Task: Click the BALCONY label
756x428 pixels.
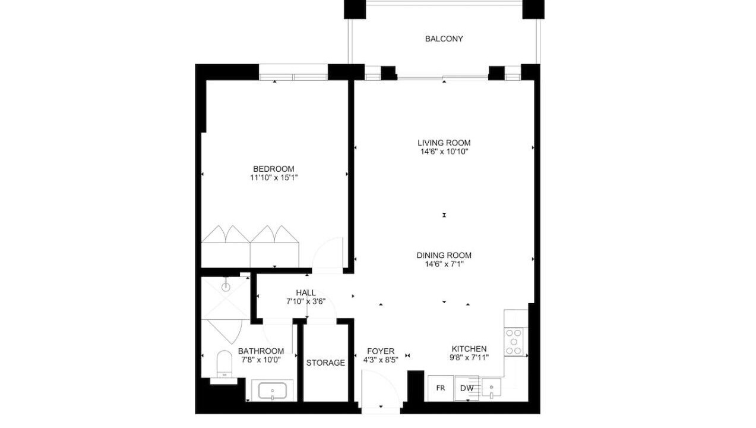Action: click(x=444, y=39)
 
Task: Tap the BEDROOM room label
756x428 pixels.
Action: click(x=274, y=169)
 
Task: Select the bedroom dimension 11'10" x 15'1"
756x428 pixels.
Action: click(x=274, y=178)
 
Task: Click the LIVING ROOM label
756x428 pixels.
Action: click(x=444, y=143)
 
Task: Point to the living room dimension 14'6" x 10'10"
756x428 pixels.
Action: click(x=444, y=152)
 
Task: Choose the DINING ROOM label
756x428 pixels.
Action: click(x=444, y=256)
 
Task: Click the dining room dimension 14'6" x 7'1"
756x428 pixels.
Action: click(x=444, y=264)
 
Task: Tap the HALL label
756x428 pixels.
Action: click(x=306, y=293)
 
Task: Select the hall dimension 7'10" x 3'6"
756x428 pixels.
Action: click(x=306, y=301)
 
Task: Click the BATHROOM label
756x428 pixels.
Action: click(x=261, y=351)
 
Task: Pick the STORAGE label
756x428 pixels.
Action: click(x=325, y=363)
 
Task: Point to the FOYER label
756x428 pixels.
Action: click(x=381, y=351)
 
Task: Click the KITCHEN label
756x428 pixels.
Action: click(x=469, y=349)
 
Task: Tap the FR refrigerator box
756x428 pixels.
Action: click(x=441, y=388)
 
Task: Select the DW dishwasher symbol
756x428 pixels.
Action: click(x=467, y=388)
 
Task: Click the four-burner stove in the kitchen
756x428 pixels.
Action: click(x=514, y=342)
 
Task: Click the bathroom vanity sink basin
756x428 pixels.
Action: click(x=273, y=391)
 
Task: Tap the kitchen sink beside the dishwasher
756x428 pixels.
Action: click(x=491, y=388)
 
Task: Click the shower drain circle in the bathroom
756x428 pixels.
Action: click(x=226, y=287)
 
